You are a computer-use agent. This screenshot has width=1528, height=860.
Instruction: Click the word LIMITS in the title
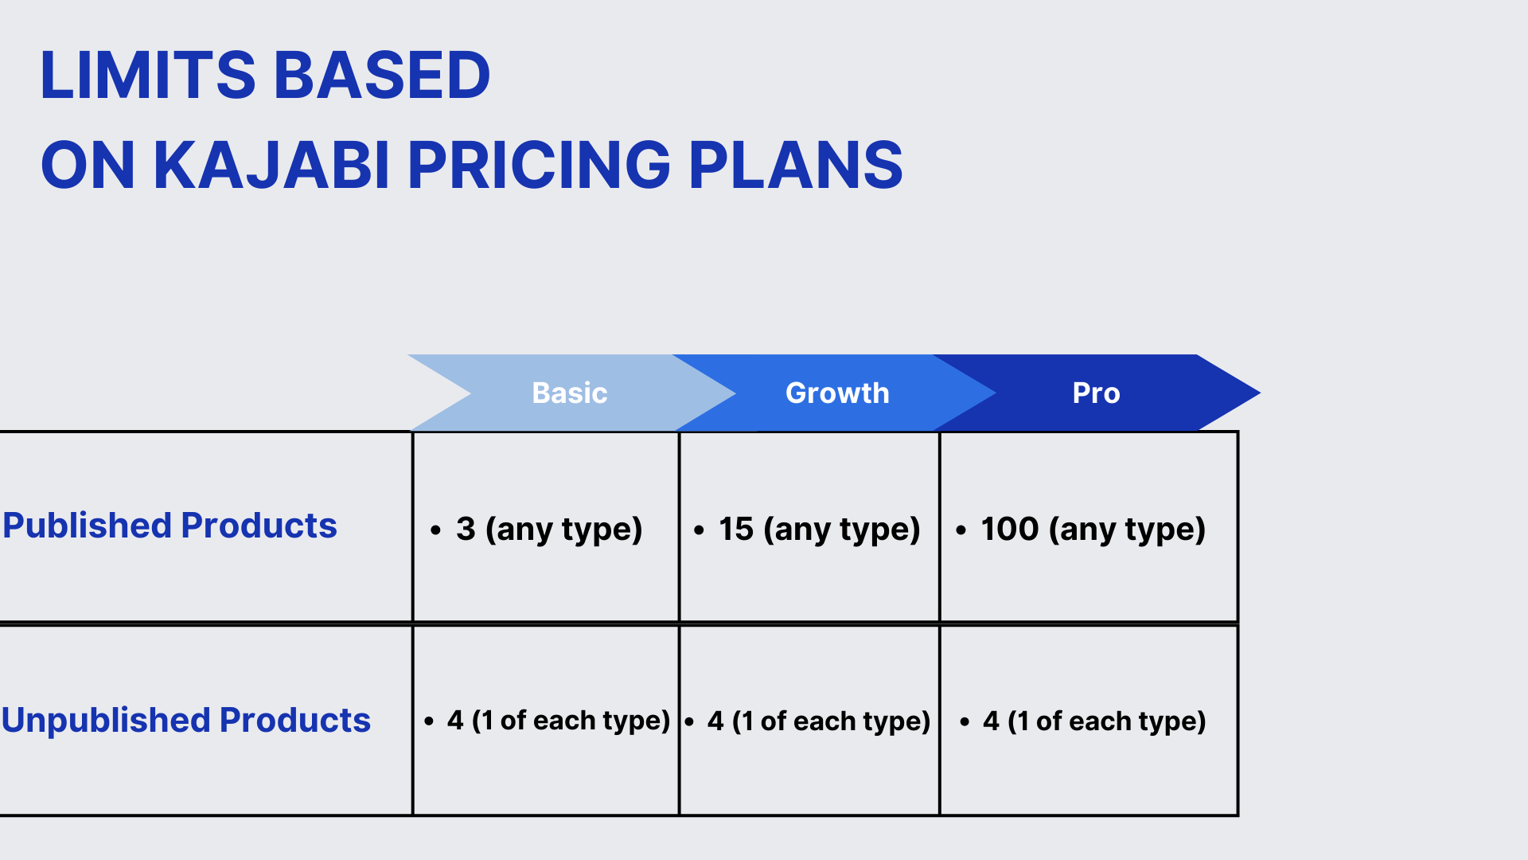[148, 75]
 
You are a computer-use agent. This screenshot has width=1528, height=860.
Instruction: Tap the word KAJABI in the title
[271, 165]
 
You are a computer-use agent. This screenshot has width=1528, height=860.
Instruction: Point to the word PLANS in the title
[796, 165]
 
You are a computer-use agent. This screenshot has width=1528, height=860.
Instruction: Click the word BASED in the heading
[382, 75]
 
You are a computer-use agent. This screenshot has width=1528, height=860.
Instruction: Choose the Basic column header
[570, 393]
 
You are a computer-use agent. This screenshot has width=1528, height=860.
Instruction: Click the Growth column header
[837, 393]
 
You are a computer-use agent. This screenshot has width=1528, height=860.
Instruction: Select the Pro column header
[1097, 393]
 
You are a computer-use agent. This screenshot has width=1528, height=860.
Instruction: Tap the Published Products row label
[170, 526]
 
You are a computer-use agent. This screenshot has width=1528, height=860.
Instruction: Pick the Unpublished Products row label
[186, 720]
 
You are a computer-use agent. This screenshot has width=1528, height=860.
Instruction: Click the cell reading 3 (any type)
[536, 530]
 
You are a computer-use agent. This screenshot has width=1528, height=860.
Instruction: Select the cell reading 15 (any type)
[807, 530]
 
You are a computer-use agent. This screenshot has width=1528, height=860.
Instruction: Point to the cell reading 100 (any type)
[1081, 530]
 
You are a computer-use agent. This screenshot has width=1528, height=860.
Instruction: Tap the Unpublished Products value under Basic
[548, 721]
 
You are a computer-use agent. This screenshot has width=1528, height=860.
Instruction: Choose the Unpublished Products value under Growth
[807, 721]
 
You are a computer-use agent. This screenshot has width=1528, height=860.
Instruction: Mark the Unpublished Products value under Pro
[1083, 721]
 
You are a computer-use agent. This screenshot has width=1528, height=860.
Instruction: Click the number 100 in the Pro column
[1010, 529]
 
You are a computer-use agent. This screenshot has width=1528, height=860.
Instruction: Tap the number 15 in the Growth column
[736, 529]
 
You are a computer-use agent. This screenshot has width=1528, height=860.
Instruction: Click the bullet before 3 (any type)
[435, 530]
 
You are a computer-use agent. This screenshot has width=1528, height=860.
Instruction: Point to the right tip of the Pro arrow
[1260, 393]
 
